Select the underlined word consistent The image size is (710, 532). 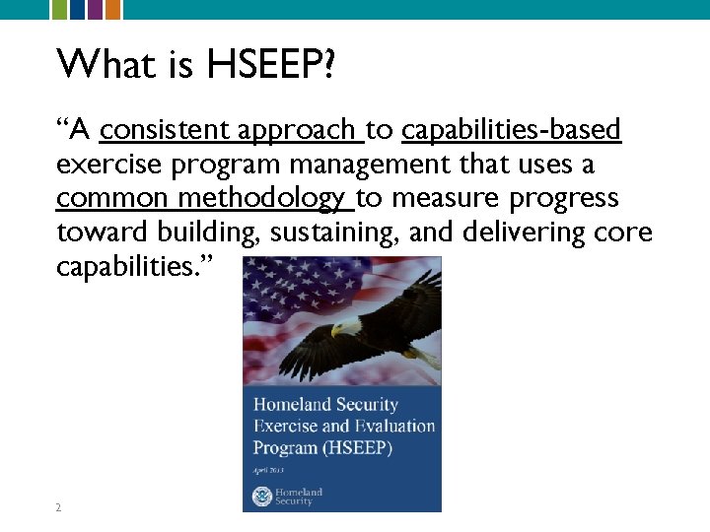pos(163,129)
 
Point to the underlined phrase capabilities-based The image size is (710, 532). pos(512,129)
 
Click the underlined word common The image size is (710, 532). pos(112,198)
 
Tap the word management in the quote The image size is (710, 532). pos(391,164)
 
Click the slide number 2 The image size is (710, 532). pos(58,507)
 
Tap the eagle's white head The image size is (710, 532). pos(339,326)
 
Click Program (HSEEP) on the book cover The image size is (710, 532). pos(322,448)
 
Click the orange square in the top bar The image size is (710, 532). pos(113,9)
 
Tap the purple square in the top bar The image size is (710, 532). pos(96,9)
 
